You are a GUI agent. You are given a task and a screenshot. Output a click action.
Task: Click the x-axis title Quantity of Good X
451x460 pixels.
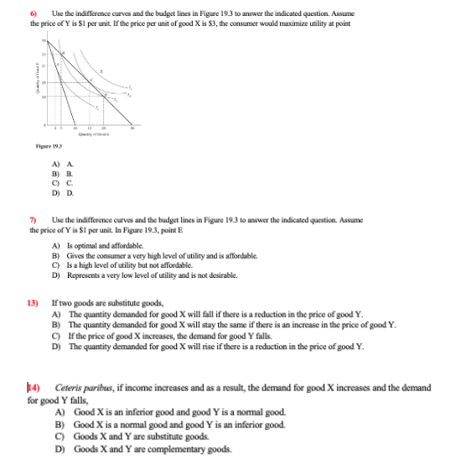click(93, 134)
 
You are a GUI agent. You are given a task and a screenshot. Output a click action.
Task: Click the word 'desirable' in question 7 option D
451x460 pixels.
click(220, 274)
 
